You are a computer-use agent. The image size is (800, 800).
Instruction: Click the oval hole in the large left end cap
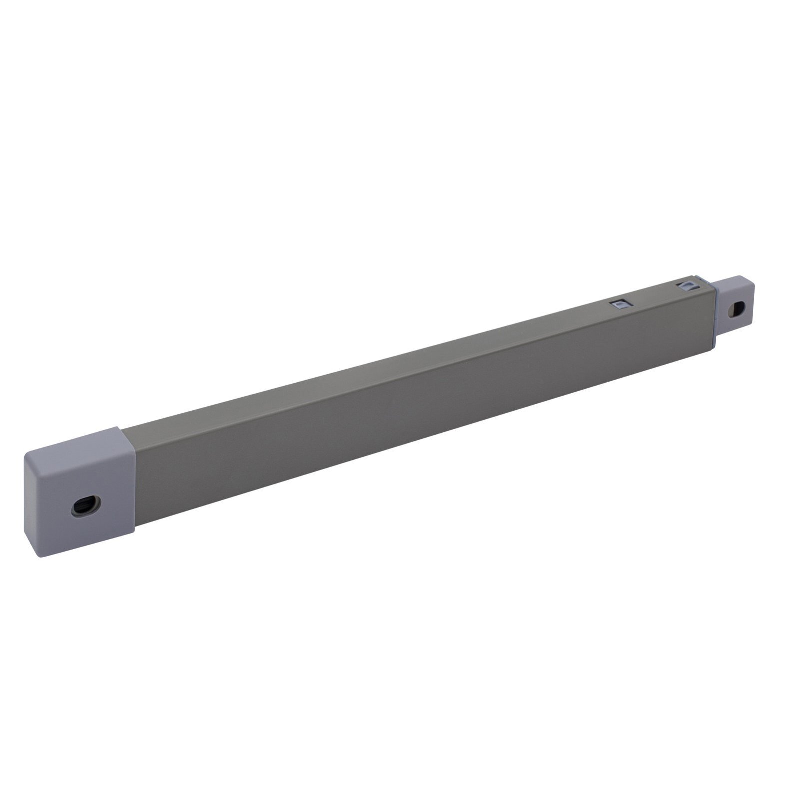coord(86,506)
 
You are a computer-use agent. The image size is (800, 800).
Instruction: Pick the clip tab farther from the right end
coord(622,303)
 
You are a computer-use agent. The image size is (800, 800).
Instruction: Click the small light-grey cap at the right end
coord(735,305)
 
